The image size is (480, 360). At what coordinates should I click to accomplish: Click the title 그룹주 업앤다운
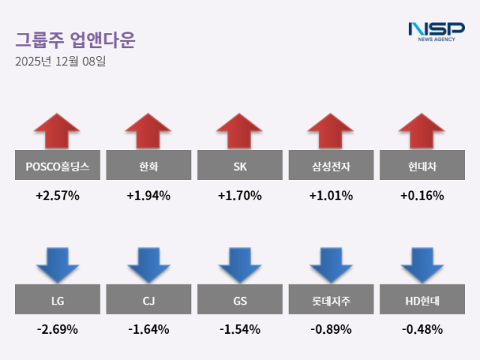pyautogui.click(x=75, y=39)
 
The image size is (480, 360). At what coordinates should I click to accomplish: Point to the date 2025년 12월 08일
pyautogui.click(x=60, y=61)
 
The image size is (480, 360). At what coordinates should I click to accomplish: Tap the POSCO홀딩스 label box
pyautogui.click(x=57, y=166)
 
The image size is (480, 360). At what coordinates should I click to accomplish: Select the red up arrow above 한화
pyautogui.click(x=148, y=131)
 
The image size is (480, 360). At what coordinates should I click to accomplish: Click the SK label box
pyautogui.click(x=240, y=166)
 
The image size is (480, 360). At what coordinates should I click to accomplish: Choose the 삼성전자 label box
pyautogui.click(x=331, y=166)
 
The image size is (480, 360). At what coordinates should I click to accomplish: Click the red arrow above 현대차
pyautogui.click(x=422, y=131)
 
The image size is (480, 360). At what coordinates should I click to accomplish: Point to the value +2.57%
pyautogui.click(x=57, y=196)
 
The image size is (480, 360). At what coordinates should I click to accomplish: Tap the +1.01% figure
pyautogui.click(x=331, y=196)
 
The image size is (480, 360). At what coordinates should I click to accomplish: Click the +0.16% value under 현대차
pyautogui.click(x=422, y=196)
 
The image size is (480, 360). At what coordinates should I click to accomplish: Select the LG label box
pyautogui.click(x=57, y=301)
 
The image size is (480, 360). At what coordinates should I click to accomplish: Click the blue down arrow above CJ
pyautogui.click(x=148, y=265)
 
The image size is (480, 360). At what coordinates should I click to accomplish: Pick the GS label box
pyautogui.click(x=240, y=301)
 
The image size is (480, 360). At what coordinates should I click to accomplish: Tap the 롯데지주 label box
pyautogui.click(x=331, y=301)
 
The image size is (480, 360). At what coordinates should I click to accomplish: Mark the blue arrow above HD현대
pyautogui.click(x=422, y=265)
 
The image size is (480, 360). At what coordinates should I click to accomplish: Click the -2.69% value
pyautogui.click(x=57, y=329)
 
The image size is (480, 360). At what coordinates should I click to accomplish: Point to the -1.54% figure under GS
pyautogui.click(x=240, y=329)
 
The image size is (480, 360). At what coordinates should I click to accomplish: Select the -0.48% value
pyautogui.click(x=422, y=329)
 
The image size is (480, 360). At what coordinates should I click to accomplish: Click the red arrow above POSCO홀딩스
pyautogui.click(x=57, y=131)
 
